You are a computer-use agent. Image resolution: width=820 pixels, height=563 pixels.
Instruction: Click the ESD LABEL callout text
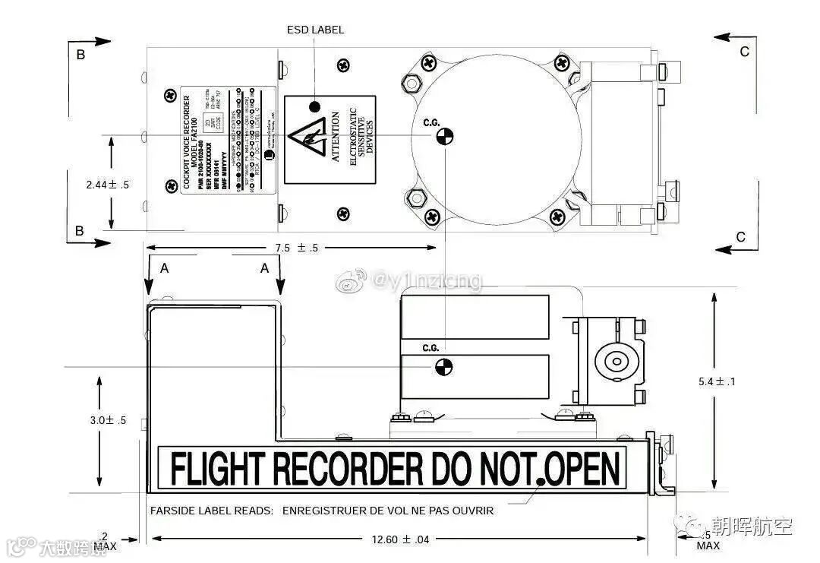pyautogui.click(x=315, y=30)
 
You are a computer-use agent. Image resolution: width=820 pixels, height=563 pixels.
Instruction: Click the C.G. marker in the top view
pyautogui.click(x=444, y=137)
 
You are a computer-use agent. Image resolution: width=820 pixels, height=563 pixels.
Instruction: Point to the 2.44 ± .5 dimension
pyautogui.click(x=108, y=184)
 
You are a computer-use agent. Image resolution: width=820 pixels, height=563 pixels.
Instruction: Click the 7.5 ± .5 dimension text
pyautogui.click(x=297, y=248)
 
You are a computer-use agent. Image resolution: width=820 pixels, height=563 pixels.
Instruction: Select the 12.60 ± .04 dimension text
pyautogui.click(x=401, y=539)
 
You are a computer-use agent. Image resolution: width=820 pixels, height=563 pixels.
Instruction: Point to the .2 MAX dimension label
pyautogui.click(x=105, y=541)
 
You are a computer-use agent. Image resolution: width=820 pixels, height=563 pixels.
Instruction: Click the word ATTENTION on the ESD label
pyautogui.click(x=336, y=139)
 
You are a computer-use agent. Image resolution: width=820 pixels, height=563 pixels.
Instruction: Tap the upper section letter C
pyautogui.click(x=745, y=51)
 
